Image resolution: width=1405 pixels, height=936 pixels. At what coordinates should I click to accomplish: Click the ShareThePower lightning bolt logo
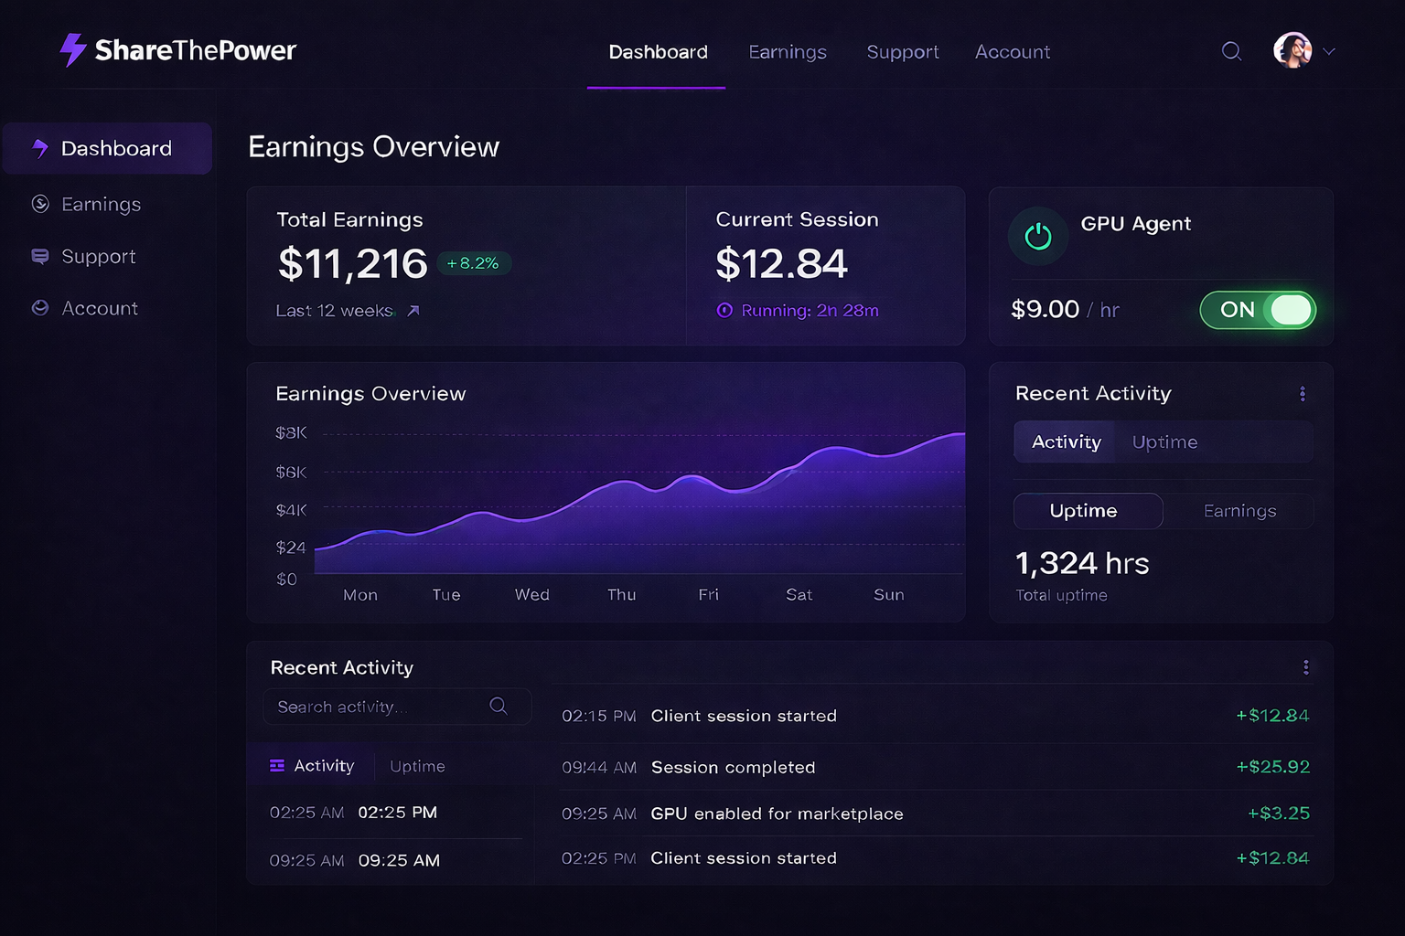pos(72,50)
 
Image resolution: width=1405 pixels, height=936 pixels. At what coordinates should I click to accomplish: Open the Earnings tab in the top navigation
pos(787,52)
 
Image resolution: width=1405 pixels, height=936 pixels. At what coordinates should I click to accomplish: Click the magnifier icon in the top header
pos(1231,51)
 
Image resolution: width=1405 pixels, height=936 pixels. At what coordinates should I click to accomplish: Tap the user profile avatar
pos(1292,50)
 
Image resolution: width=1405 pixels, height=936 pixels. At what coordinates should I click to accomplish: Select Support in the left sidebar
pos(98,257)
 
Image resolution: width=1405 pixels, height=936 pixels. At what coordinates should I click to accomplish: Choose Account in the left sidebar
pos(99,309)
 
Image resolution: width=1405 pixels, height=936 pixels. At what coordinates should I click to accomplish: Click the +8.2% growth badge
pos(473,263)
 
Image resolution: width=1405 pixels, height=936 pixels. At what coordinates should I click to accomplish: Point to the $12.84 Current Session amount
pos(781,264)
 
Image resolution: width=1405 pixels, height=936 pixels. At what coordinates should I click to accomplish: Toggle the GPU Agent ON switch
pos(1258,310)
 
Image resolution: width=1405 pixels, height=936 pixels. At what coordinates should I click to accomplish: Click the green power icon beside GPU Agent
pos(1038,237)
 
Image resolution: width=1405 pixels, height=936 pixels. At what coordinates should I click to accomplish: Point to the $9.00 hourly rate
pos(1045,310)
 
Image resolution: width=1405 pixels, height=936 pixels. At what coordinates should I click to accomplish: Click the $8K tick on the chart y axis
pos(291,432)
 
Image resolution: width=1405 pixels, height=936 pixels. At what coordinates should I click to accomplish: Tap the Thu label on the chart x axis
pos(621,595)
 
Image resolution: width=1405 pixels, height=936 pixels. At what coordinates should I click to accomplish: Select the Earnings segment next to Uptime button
pos(1239,511)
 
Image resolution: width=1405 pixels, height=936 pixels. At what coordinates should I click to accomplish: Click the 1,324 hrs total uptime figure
pos(1081,563)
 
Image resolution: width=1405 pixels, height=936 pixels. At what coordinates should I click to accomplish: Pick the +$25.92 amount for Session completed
pos(1272,767)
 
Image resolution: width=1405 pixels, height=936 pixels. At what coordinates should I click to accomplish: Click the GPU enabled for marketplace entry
pos(777,814)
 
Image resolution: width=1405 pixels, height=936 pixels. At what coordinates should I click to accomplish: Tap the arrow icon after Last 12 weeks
pos(413,311)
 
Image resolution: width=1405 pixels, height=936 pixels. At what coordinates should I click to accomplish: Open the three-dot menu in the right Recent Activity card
pos(1303,394)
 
